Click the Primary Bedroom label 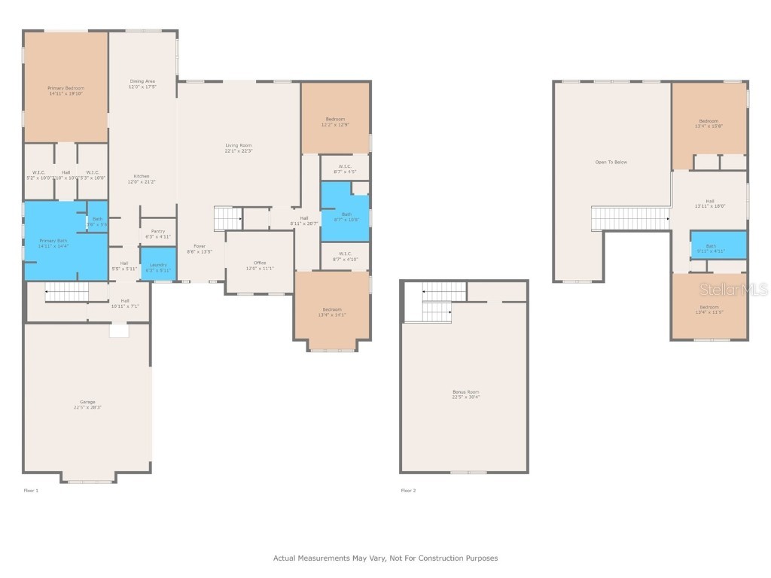point(65,91)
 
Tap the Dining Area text point(142,84)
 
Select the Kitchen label point(142,178)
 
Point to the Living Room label point(239,148)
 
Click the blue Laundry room point(158,266)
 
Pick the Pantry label point(158,233)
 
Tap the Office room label point(260,265)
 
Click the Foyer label point(200,248)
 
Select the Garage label point(87,404)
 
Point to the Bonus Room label point(465,394)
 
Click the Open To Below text point(611,162)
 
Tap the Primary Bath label point(53,243)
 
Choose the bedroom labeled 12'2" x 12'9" point(335,120)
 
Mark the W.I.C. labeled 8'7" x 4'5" point(345,169)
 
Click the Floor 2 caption point(407,490)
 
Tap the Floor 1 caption point(31,490)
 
